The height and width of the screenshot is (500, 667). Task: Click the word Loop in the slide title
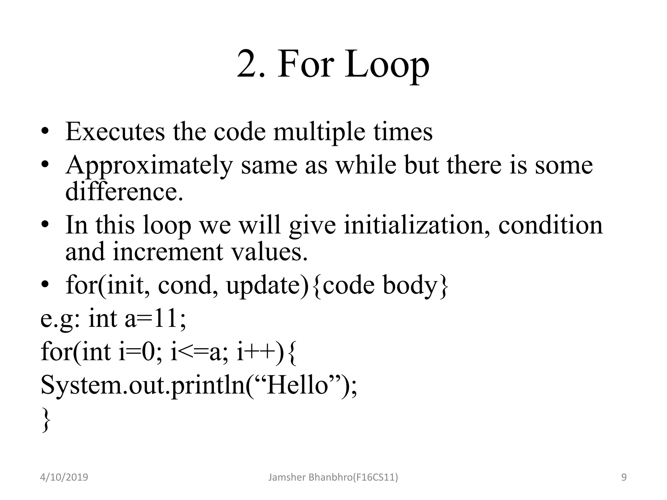coord(387,65)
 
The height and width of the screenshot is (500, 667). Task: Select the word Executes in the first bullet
coord(115,132)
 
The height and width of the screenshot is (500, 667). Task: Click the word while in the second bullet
coord(366,165)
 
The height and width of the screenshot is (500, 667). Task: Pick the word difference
coord(124,192)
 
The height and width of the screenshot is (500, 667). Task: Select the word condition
coord(550,225)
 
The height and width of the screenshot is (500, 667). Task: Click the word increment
coord(168,252)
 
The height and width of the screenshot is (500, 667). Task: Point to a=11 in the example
coord(155,319)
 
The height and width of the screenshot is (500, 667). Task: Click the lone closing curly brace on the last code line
coord(46,420)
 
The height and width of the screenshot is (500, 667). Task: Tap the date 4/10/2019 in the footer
coord(64,477)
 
